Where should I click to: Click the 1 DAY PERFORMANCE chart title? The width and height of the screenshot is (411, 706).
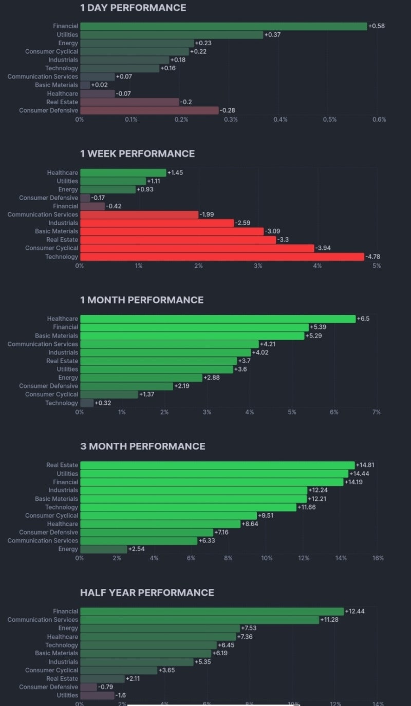point(133,8)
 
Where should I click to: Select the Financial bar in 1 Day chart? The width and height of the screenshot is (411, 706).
point(223,26)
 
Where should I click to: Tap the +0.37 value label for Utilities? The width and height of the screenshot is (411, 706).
point(273,34)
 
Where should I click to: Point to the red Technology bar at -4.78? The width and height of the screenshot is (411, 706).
point(222,257)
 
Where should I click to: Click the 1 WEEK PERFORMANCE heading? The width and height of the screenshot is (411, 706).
point(137,153)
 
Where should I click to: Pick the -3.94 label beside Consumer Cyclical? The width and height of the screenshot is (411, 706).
point(324,248)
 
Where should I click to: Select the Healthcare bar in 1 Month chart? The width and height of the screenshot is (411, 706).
point(218,319)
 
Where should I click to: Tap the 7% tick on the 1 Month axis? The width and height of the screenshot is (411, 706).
point(376,412)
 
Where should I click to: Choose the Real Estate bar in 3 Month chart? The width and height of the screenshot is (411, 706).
point(217,465)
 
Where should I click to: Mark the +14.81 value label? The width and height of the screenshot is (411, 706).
point(365,465)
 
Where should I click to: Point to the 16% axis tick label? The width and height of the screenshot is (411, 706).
point(378,558)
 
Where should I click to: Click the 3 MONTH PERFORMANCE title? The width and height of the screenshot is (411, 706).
point(142,446)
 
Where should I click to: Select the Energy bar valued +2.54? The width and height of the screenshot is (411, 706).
point(103,549)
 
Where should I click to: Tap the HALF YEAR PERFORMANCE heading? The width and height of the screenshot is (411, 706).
point(147,593)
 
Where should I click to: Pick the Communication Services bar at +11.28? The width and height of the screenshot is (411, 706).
point(199,620)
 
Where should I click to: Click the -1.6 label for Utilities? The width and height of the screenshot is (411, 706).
point(121,695)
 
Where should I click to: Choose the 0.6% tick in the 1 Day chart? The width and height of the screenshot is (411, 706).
point(379,120)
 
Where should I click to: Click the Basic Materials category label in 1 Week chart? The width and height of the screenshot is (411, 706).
point(57,231)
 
